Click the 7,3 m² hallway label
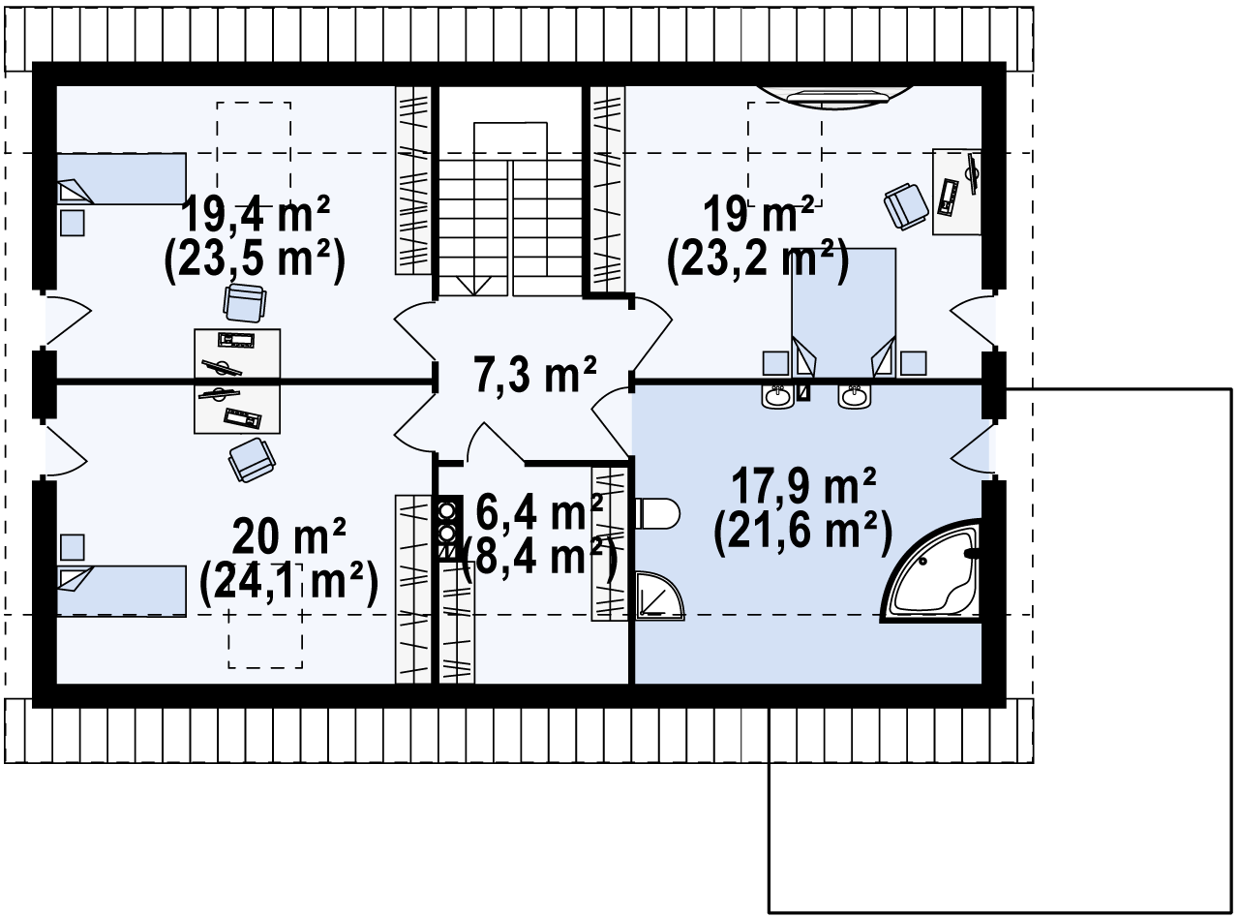pos(535,374)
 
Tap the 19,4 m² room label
pos(256,214)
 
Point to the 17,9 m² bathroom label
pos(803,485)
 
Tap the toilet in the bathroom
pos(657,513)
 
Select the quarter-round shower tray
pos(659,596)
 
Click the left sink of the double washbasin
pos(777,397)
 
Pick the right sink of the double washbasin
pos(854,397)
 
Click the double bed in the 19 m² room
pos(843,312)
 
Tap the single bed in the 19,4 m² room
pos(121,179)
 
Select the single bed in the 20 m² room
pos(121,592)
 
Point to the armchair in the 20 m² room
pos(252,460)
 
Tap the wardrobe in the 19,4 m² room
pos(413,180)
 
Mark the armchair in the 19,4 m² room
pos(244,303)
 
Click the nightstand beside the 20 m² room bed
pos(73,547)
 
